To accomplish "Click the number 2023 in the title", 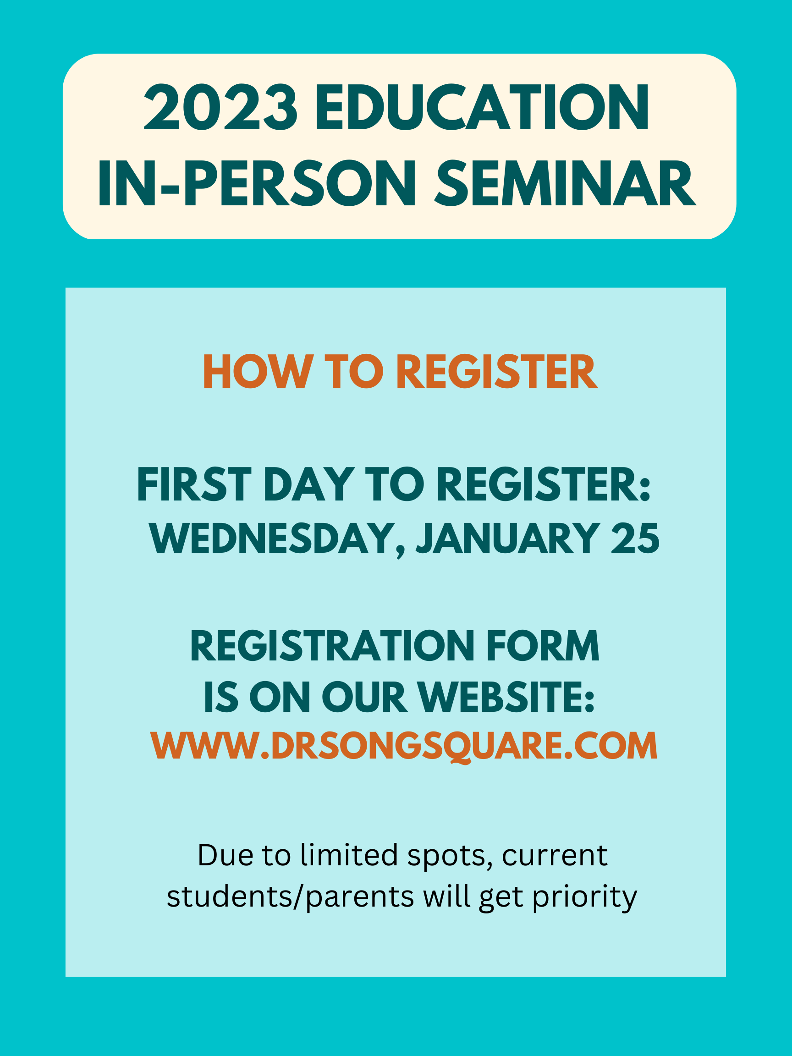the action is (220, 107).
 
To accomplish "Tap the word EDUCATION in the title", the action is (482, 107).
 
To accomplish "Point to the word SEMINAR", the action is (565, 183).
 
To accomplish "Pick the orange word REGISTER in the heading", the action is (497, 371).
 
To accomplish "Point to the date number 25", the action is (635, 538).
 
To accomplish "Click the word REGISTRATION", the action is (332, 646).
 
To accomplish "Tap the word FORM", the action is (543, 646).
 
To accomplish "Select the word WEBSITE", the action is (506, 698).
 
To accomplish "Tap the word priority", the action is (585, 896).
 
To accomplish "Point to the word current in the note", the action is (555, 854).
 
